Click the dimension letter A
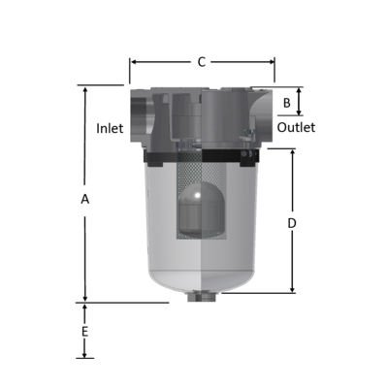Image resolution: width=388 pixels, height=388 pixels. [x=85, y=199]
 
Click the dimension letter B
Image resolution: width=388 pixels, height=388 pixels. [x=286, y=102]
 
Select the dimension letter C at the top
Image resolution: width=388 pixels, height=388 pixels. [x=202, y=62]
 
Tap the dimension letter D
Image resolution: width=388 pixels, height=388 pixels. [x=292, y=223]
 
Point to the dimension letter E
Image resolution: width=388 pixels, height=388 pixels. [x=85, y=332]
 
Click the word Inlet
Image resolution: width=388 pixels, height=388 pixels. [x=110, y=129]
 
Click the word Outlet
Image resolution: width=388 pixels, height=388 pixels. [x=296, y=128]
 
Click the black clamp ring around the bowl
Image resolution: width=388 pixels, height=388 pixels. [x=202, y=156]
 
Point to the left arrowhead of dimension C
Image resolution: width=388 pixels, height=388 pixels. [x=133, y=62]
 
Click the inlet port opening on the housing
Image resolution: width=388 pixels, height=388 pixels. [x=138, y=116]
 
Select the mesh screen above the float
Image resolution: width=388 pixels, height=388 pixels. [x=202, y=176]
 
